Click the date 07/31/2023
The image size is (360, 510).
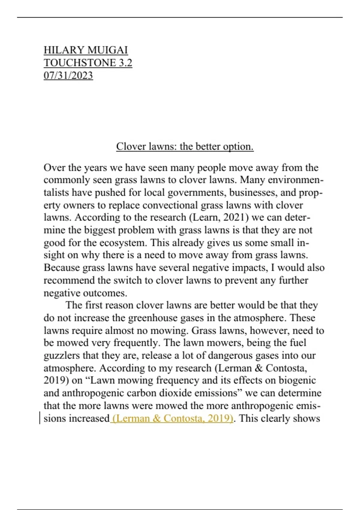click(x=68, y=75)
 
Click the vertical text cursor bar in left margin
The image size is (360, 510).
click(x=40, y=418)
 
